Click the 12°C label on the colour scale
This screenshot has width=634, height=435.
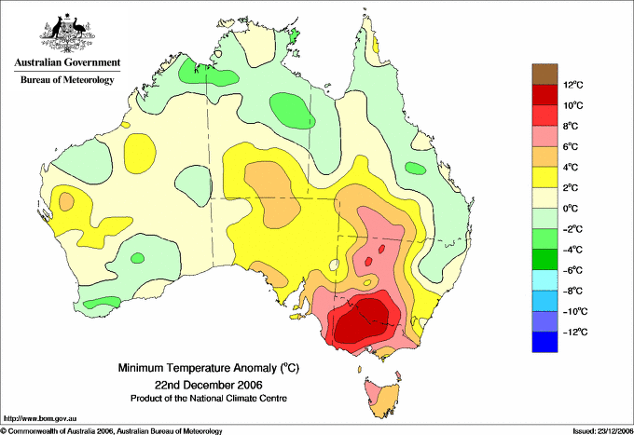click(x=573, y=85)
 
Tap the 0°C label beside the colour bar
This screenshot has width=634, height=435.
click(x=571, y=209)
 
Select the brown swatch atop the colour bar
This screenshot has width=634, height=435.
click(x=544, y=74)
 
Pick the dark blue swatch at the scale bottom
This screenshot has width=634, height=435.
click(x=544, y=342)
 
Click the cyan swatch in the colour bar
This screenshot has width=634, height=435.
click(x=544, y=279)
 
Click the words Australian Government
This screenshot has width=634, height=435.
click(x=67, y=62)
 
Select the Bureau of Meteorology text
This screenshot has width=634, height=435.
click(x=67, y=79)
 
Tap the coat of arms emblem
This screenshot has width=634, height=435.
click(x=67, y=33)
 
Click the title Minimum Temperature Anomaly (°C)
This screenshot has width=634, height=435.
click(x=209, y=368)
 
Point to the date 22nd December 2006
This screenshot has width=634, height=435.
click(x=209, y=384)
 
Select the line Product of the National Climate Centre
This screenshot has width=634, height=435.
click(x=209, y=399)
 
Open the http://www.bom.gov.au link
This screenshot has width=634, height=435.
click(x=40, y=419)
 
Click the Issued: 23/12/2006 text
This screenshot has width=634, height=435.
click(x=602, y=431)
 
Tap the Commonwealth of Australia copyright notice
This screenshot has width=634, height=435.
click(x=112, y=431)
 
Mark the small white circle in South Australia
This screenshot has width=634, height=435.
click(x=334, y=265)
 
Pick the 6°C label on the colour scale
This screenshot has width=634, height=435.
click(x=571, y=146)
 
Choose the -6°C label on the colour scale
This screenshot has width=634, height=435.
click(x=572, y=270)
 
